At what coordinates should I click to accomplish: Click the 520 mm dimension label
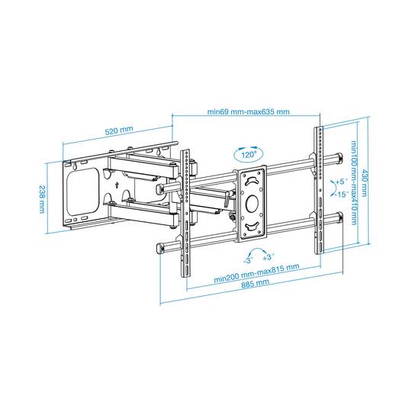[119, 130]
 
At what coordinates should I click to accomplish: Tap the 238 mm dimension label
[42, 199]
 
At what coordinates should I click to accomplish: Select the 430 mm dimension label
[364, 183]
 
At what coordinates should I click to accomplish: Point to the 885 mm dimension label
[255, 284]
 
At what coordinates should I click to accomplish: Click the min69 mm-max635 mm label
[248, 111]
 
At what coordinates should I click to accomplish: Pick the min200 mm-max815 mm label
[256, 272]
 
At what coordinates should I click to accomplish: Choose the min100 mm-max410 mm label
[354, 183]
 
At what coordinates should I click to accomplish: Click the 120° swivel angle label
[249, 154]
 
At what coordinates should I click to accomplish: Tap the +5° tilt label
[341, 182]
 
